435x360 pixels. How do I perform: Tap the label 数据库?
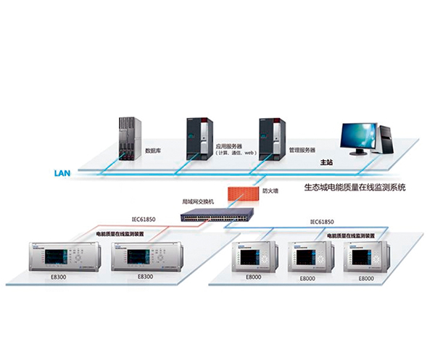tap(154, 151)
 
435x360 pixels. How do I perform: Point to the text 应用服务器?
tap(228, 145)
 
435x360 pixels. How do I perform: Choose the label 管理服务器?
tap(303, 150)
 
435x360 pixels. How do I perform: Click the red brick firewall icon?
tap(241, 193)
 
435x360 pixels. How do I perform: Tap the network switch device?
tap(217, 215)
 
